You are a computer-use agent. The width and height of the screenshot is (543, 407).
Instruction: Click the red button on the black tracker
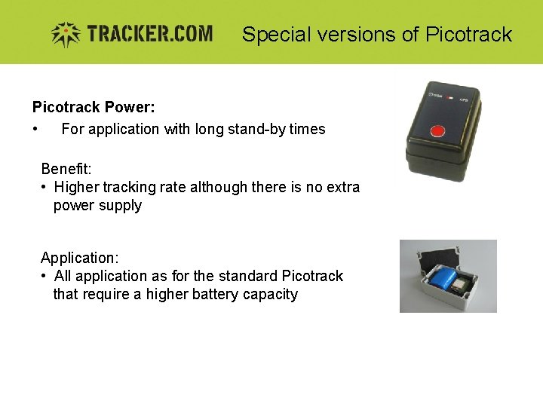[x=437, y=133]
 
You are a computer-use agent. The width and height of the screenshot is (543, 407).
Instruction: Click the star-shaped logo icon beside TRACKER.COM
[x=65, y=34]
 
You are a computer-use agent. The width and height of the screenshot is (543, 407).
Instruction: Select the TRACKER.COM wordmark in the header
[x=149, y=34]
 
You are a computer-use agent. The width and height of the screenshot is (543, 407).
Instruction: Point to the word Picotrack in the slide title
[x=468, y=35]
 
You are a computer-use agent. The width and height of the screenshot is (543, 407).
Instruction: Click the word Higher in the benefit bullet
[x=76, y=187]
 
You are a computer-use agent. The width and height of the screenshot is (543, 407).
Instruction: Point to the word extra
[x=342, y=187]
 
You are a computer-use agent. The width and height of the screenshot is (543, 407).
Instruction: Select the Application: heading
[x=79, y=258]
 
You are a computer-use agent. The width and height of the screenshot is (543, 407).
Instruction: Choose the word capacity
[x=270, y=295]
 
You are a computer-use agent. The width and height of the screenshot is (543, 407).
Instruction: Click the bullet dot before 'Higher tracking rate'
[x=44, y=187]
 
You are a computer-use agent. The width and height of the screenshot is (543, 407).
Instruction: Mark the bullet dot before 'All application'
[x=44, y=276]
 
